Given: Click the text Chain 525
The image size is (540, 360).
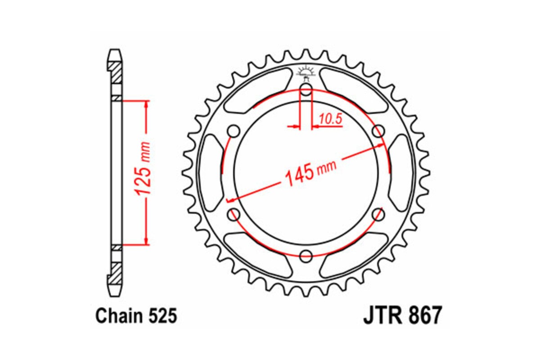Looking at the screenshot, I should pyautogui.click(x=136, y=316).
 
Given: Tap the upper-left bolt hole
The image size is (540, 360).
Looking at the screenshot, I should pyautogui.click(x=233, y=131).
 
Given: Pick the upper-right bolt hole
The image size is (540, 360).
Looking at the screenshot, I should pyautogui.click(x=379, y=131).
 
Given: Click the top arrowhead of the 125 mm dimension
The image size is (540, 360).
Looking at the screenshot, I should pyautogui.click(x=146, y=104).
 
